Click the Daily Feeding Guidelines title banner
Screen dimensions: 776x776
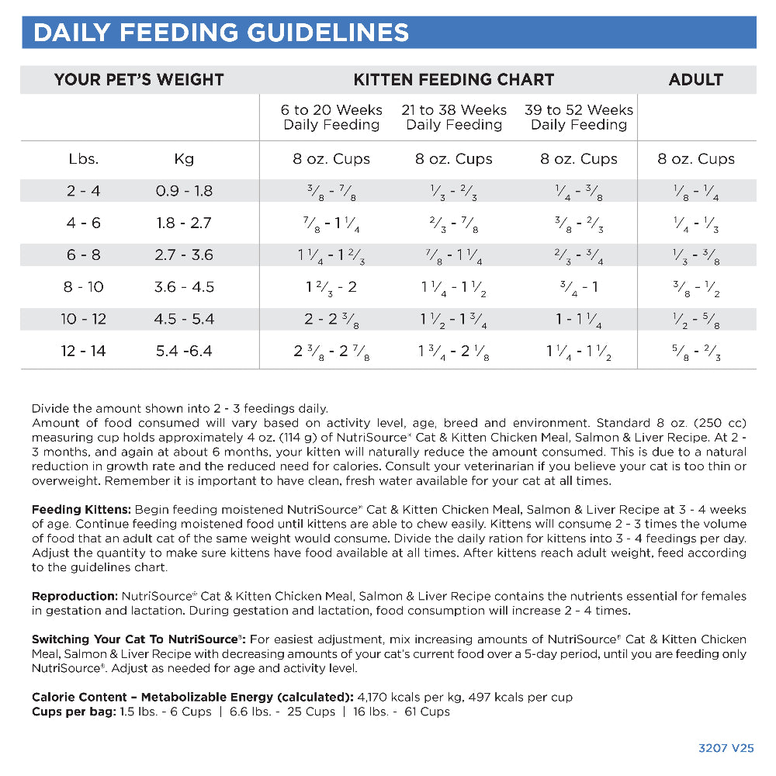221,33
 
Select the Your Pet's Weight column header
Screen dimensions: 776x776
139,80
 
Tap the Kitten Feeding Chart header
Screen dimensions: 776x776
454,80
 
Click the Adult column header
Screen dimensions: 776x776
695,80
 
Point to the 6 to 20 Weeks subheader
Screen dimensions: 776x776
331,117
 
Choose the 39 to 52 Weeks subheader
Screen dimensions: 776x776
579,117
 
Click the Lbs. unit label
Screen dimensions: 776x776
84,159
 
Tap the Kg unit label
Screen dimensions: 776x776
184,159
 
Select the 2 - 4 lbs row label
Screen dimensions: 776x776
84,191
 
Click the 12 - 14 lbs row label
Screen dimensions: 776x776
84,351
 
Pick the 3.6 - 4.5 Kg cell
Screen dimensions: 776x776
184,287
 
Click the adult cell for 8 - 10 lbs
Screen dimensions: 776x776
695,287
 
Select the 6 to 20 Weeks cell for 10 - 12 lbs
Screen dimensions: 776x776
331,319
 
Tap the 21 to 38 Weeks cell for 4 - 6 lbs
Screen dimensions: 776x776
454,223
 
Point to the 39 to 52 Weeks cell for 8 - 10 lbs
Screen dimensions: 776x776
579,287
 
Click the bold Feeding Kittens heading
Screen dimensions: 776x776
81,510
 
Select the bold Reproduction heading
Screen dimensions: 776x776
74,596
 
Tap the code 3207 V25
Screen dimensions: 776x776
726,748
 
